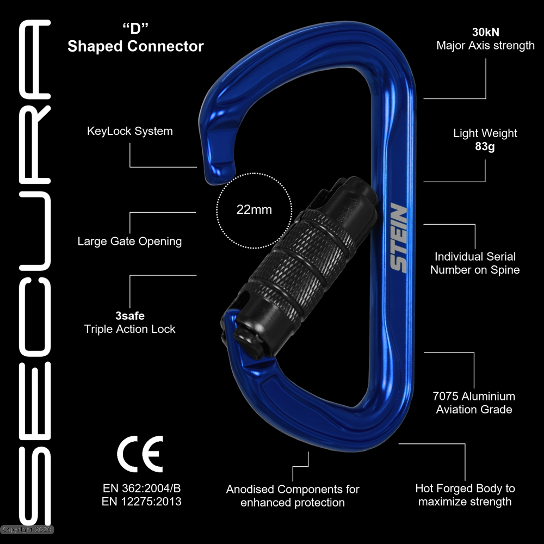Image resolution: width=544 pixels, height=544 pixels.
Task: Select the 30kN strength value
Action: pyautogui.click(x=485, y=32)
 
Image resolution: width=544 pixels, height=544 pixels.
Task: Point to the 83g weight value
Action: pyautogui.click(x=485, y=147)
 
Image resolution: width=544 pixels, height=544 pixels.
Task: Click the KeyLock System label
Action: pyautogui.click(x=130, y=131)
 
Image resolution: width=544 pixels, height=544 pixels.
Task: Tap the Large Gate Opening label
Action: pyautogui.click(x=129, y=241)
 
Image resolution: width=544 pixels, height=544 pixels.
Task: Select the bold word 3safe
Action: pyautogui.click(x=130, y=316)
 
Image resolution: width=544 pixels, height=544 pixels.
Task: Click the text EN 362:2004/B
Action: pyautogui.click(x=141, y=487)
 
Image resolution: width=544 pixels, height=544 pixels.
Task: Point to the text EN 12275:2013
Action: pyautogui.click(x=141, y=502)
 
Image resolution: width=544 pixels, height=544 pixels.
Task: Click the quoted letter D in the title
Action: pyautogui.click(x=135, y=29)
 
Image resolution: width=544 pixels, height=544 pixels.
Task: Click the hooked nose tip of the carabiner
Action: pyautogui.click(x=218, y=174)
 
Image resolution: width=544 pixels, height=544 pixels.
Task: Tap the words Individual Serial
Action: pyautogui.click(x=475, y=256)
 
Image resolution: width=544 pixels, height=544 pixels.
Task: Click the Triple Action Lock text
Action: pyautogui.click(x=130, y=329)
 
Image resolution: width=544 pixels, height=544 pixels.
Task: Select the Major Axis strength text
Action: pyautogui.click(x=485, y=46)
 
